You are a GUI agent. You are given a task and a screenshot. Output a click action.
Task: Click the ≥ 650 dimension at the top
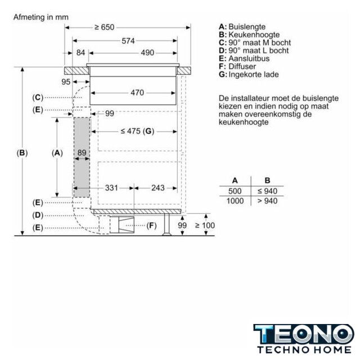tap(105, 28)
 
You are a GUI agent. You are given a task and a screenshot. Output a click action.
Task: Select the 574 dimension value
tap(128, 41)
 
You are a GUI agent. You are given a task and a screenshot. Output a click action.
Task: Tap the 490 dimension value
tap(147, 53)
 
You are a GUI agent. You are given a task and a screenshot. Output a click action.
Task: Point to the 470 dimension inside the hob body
tap(137, 93)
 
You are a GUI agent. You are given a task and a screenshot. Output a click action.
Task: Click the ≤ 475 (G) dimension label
tap(137, 131)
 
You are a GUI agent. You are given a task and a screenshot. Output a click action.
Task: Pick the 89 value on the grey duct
tap(82, 152)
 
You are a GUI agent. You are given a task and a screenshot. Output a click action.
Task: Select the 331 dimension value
tap(111, 188)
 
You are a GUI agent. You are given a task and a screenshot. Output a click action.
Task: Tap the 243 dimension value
tap(158, 188)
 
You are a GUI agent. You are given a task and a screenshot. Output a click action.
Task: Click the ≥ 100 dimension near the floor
tap(205, 226)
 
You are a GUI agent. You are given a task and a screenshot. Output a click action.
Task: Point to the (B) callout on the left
tap(22, 153)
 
